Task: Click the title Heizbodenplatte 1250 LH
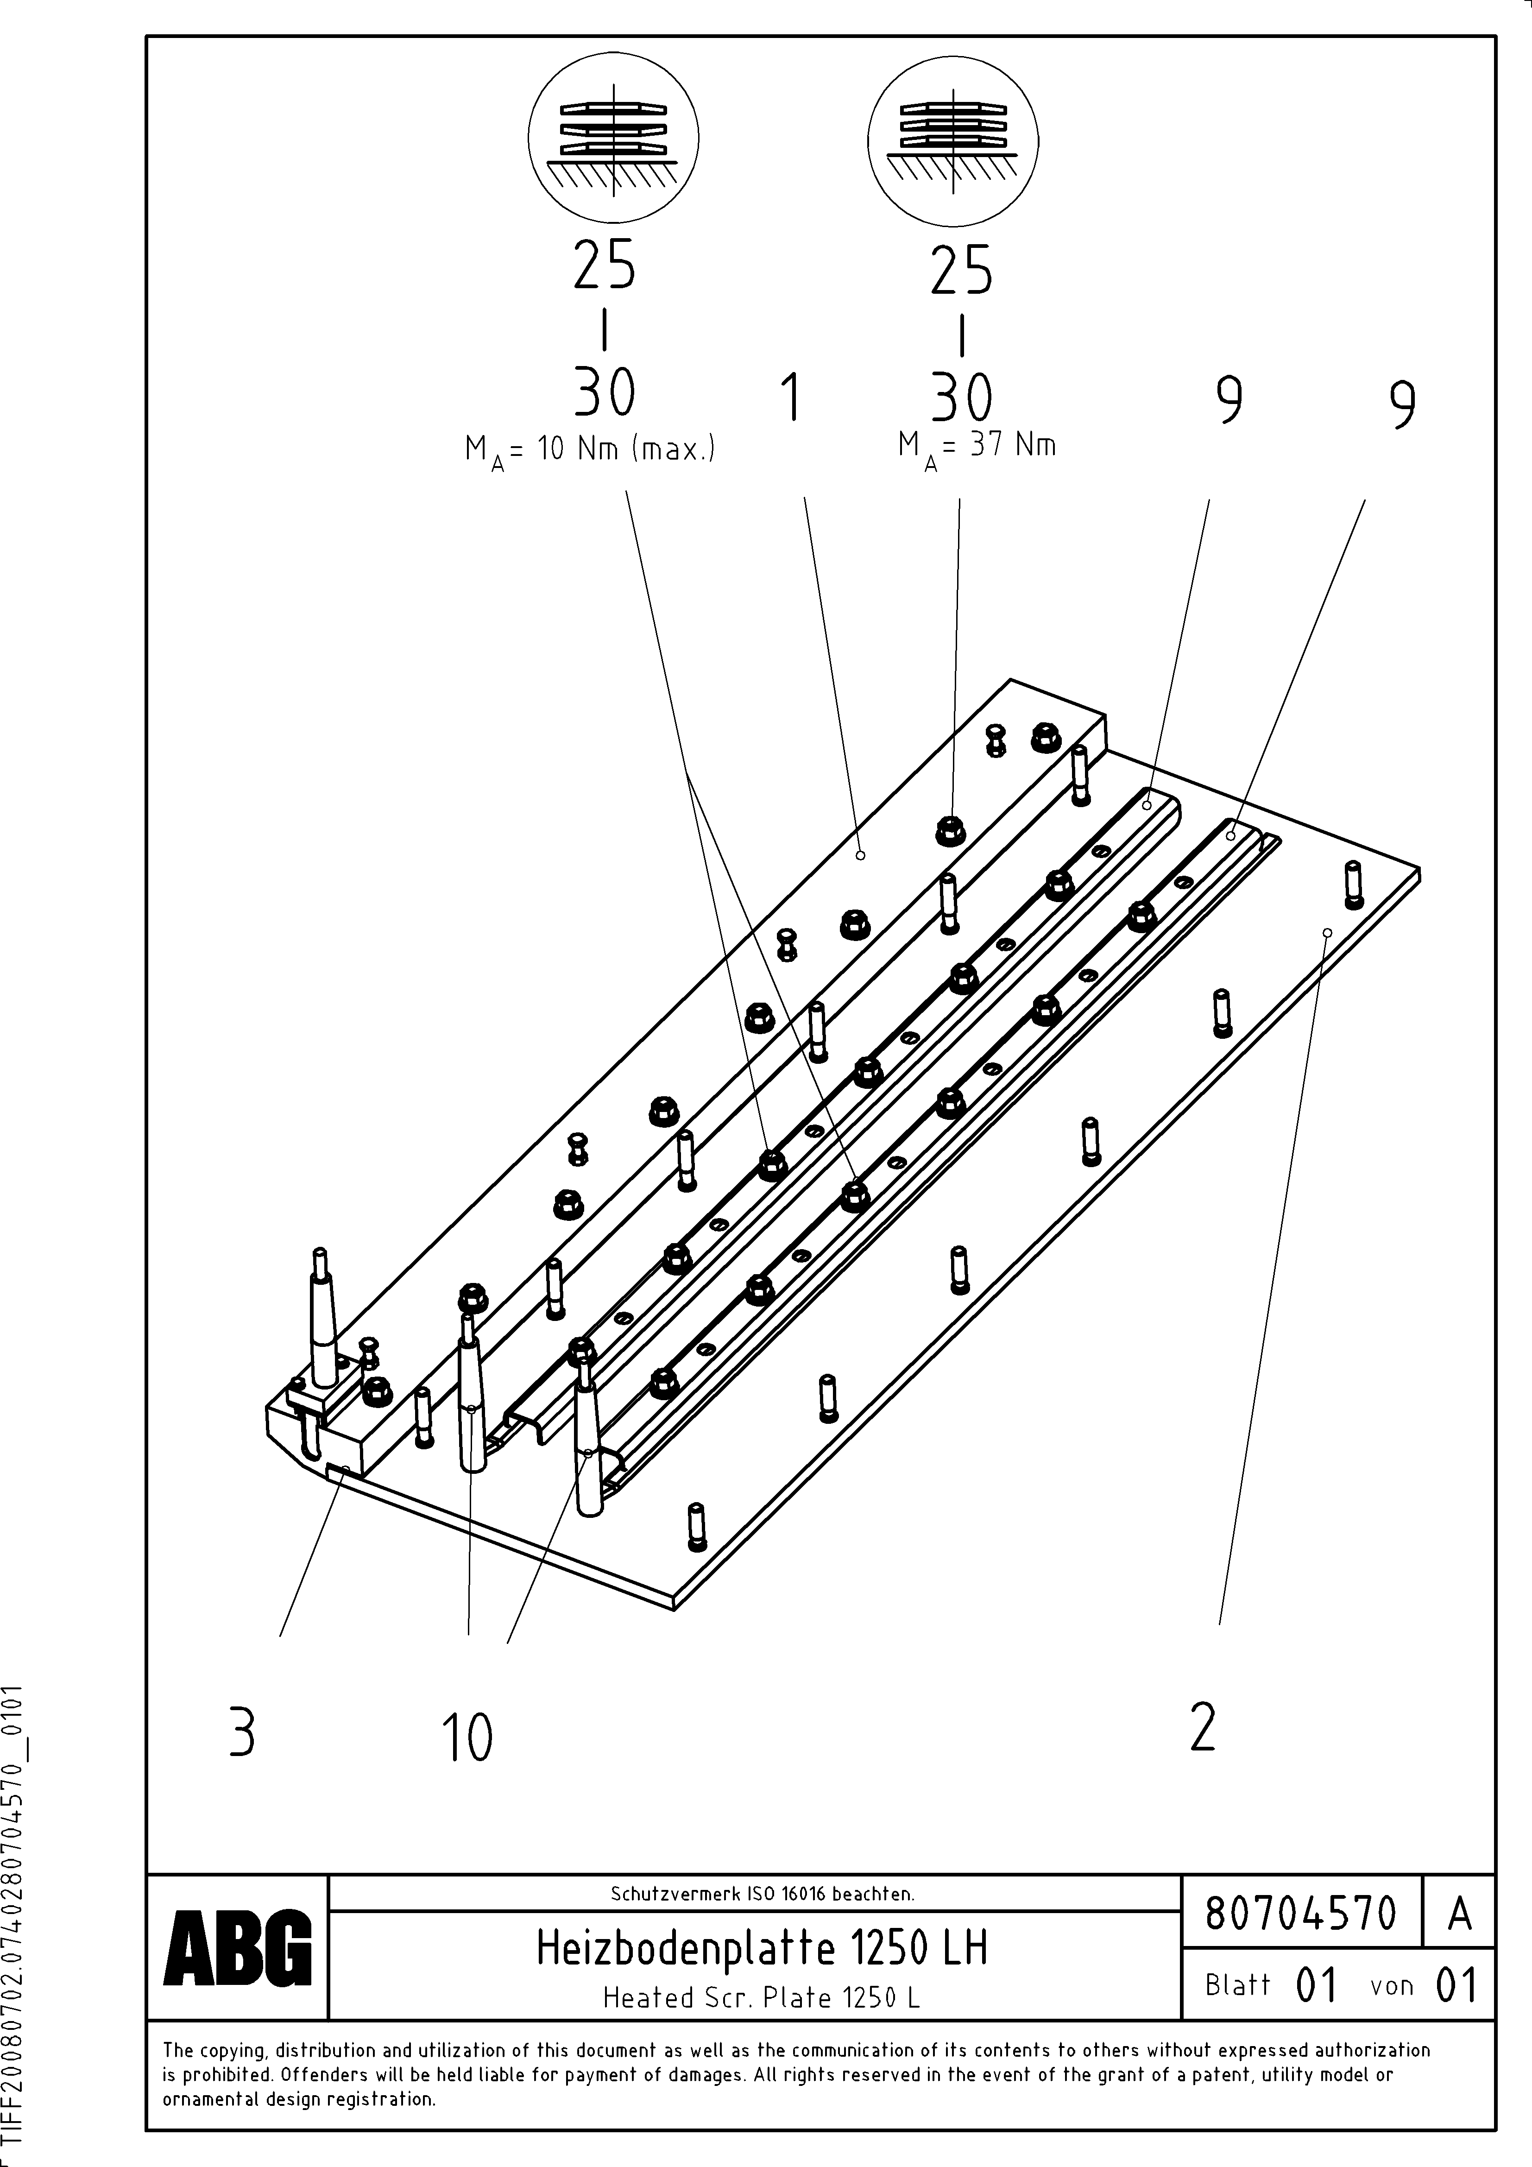[x=762, y=1948]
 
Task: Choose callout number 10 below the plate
[x=467, y=1737]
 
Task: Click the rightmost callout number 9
[x=1403, y=405]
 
